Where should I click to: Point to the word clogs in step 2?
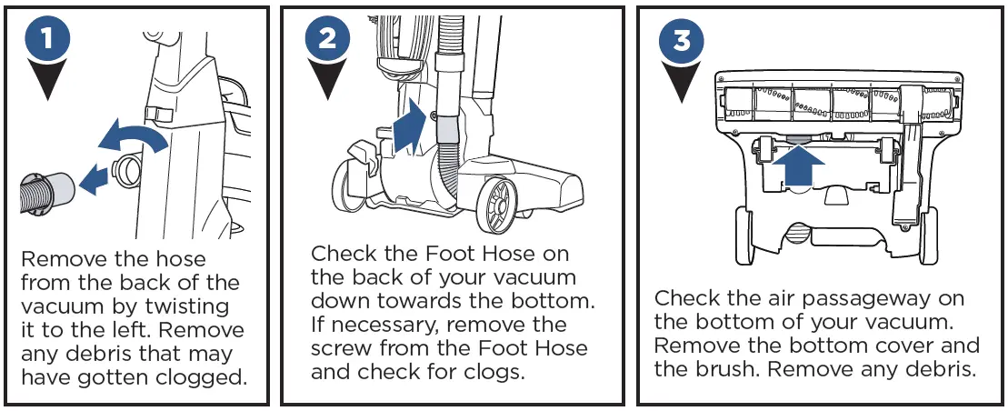click(497, 371)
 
